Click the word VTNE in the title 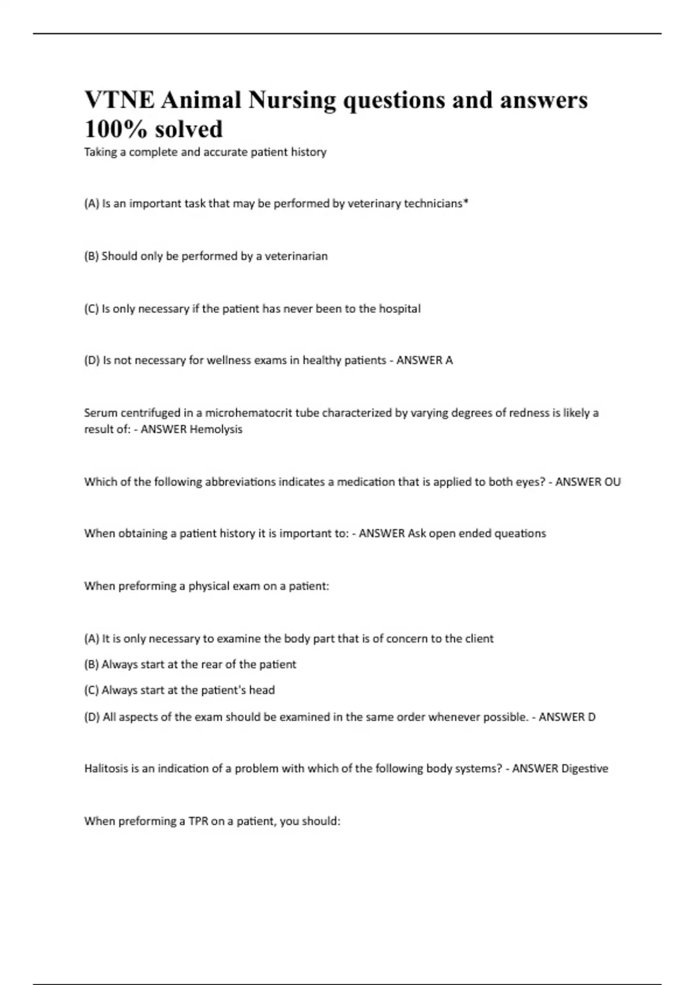tap(119, 100)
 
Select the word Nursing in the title tap(292, 100)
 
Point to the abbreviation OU tap(612, 481)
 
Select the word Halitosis tap(106, 768)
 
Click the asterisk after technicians tap(466, 202)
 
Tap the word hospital tap(400, 308)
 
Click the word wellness tap(231, 360)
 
